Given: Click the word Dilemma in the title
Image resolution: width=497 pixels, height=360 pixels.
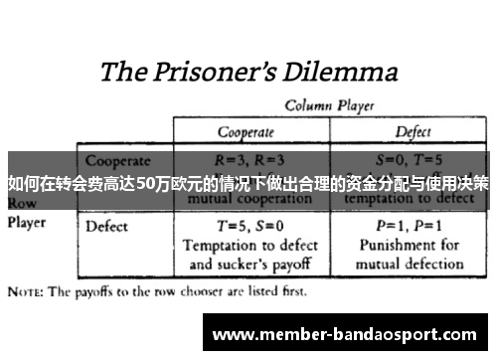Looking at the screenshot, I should [341, 72].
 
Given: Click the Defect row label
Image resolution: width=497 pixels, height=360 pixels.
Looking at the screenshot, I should [107, 226].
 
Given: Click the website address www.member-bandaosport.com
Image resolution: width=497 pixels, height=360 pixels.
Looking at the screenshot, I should [345, 333].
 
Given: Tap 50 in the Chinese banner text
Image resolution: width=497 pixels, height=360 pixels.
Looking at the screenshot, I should [147, 183].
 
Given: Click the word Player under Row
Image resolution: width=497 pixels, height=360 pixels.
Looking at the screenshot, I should [29, 223].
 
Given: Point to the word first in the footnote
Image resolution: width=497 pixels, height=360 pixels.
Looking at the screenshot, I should [289, 294].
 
